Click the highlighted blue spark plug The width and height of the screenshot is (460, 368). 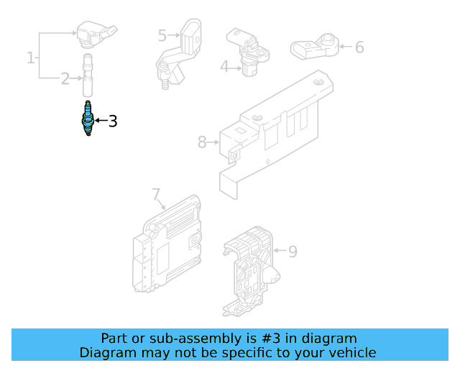88,119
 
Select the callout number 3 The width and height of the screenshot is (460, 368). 112,121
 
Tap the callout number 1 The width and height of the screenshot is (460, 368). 31,57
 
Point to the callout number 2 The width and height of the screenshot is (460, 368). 65,78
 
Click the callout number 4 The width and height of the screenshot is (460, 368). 224,67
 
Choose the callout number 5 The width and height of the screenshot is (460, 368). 162,34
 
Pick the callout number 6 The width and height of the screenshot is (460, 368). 359,47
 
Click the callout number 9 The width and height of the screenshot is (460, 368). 293,252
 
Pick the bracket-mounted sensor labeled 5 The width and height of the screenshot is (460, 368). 181,50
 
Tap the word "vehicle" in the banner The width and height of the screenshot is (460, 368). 351,352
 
